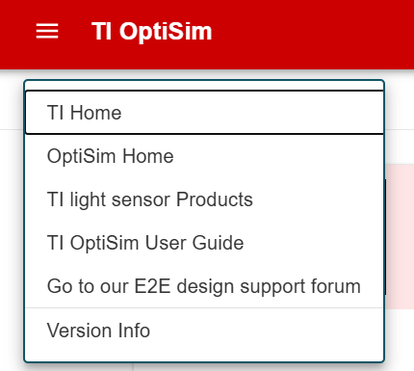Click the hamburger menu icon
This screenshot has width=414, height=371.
47,31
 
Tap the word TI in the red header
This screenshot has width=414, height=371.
101,31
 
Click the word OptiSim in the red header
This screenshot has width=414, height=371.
165,31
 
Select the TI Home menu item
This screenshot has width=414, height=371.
85,113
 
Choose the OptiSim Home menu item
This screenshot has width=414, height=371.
110,156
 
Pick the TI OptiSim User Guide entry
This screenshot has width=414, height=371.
144,243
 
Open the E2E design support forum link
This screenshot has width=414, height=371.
203,286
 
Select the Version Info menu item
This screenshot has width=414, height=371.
98,331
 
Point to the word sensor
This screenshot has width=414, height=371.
143,199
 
